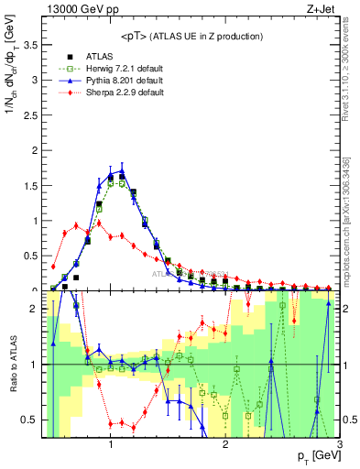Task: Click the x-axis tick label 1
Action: [x=111, y=445]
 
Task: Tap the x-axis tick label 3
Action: [x=339, y=445]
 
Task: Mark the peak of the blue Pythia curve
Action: [x=122, y=169]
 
